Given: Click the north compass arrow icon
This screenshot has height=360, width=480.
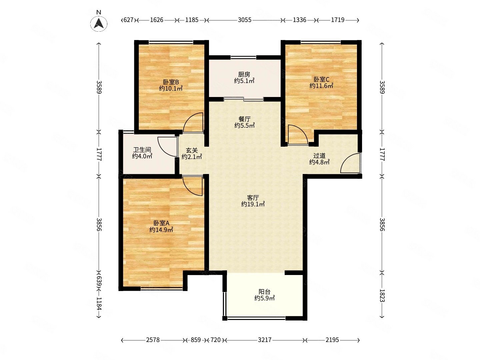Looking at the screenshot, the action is coord(99,23).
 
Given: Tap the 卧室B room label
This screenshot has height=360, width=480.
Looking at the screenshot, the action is coord(171,82).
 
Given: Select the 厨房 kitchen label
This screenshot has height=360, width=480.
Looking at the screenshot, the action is coord(244,75).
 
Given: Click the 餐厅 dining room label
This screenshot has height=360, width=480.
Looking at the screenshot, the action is coord(244,119).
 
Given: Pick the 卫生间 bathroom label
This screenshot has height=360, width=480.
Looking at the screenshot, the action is coord(142,150).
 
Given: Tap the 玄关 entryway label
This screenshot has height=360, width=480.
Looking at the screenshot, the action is coord(192,150).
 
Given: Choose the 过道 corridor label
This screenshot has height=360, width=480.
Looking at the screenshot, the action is coord(319,156).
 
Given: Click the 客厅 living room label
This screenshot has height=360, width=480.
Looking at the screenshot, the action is coord(253,198).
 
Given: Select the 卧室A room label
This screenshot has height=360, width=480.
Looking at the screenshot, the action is coord(161,223).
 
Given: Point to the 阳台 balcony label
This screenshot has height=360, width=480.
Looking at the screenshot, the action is coord(264,292).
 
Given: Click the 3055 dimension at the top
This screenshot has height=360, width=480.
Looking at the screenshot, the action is coord(244,20).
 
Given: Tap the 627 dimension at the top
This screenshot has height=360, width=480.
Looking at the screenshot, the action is coord(128,20).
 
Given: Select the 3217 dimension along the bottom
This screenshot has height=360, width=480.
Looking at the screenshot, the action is coord(265,340).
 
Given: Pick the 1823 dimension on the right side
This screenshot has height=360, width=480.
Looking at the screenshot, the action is coord(382,296).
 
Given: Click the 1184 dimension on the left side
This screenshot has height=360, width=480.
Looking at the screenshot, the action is coord(99,303).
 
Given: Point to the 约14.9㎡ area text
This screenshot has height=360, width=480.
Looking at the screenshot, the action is coord(161,230).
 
